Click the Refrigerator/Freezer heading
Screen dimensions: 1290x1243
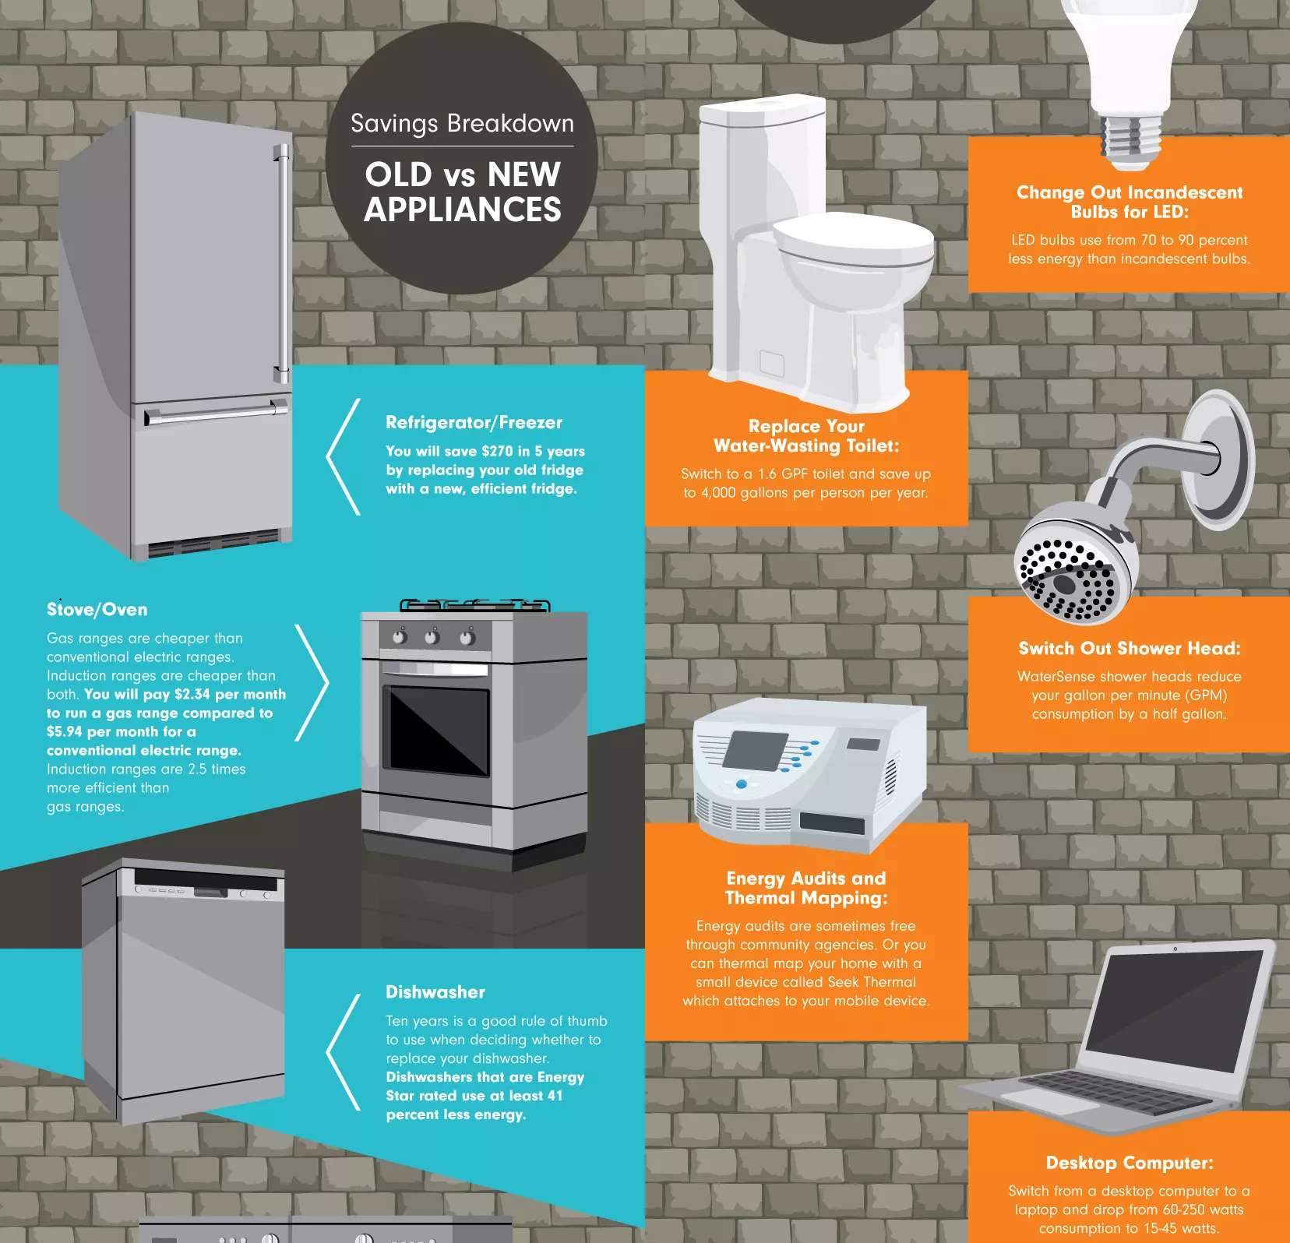pyautogui.click(x=474, y=423)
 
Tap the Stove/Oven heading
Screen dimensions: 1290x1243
pyautogui.click(x=97, y=610)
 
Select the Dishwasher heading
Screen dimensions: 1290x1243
pyautogui.click(x=435, y=992)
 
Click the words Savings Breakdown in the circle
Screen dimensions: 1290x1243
pyautogui.click(x=462, y=124)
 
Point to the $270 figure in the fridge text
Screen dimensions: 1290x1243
pyautogui.click(x=497, y=451)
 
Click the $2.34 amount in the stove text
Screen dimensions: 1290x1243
pyautogui.click(x=192, y=694)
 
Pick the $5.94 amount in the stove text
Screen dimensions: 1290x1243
pyautogui.click(x=64, y=731)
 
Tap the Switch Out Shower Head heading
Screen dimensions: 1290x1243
pyautogui.click(x=1130, y=649)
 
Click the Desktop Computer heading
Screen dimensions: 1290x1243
pyautogui.click(x=1130, y=1163)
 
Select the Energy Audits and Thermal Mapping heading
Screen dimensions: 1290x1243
pyautogui.click(x=806, y=889)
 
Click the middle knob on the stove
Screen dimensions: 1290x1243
pyautogui.click(x=432, y=637)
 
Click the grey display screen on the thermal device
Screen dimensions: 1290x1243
pyautogui.click(x=756, y=751)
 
